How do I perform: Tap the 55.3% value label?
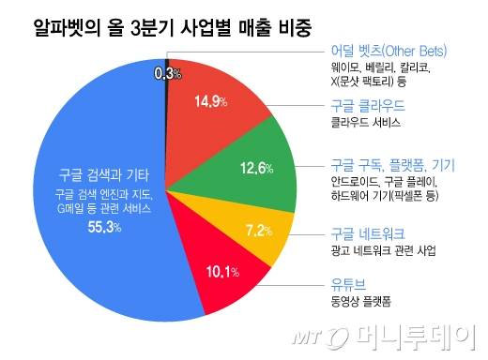104,229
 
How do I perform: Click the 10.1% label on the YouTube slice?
221,273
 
